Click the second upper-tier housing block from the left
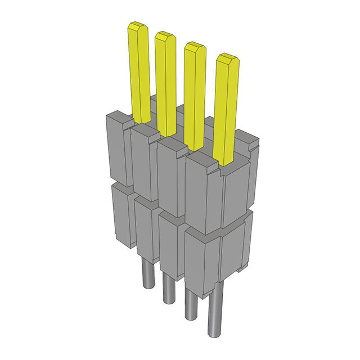point(143,160)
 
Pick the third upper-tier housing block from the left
point(170,174)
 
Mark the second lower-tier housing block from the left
point(145,228)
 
